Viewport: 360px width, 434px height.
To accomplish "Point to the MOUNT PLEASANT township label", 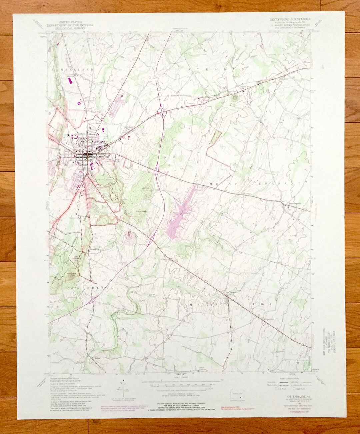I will click(255, 184).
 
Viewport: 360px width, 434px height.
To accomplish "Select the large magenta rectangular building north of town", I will click(70, 79).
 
